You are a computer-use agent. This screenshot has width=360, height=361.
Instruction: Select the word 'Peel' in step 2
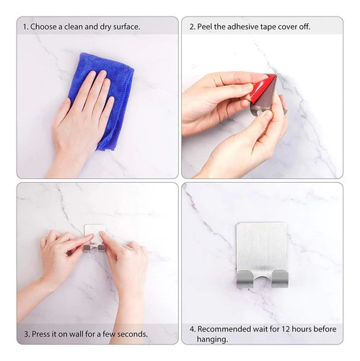click(204, 27)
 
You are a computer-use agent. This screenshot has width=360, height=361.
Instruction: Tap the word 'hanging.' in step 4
click(212, 339)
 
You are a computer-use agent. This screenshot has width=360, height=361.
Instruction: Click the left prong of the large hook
click(243, 279)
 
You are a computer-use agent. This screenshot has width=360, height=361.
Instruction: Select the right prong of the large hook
click(280, 279)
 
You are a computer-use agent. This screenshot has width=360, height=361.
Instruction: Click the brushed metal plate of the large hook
click(261, 248)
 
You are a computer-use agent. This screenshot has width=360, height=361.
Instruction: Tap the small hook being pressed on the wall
click(95, 238)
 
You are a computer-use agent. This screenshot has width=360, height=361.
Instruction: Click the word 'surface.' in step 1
click(126, 27)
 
